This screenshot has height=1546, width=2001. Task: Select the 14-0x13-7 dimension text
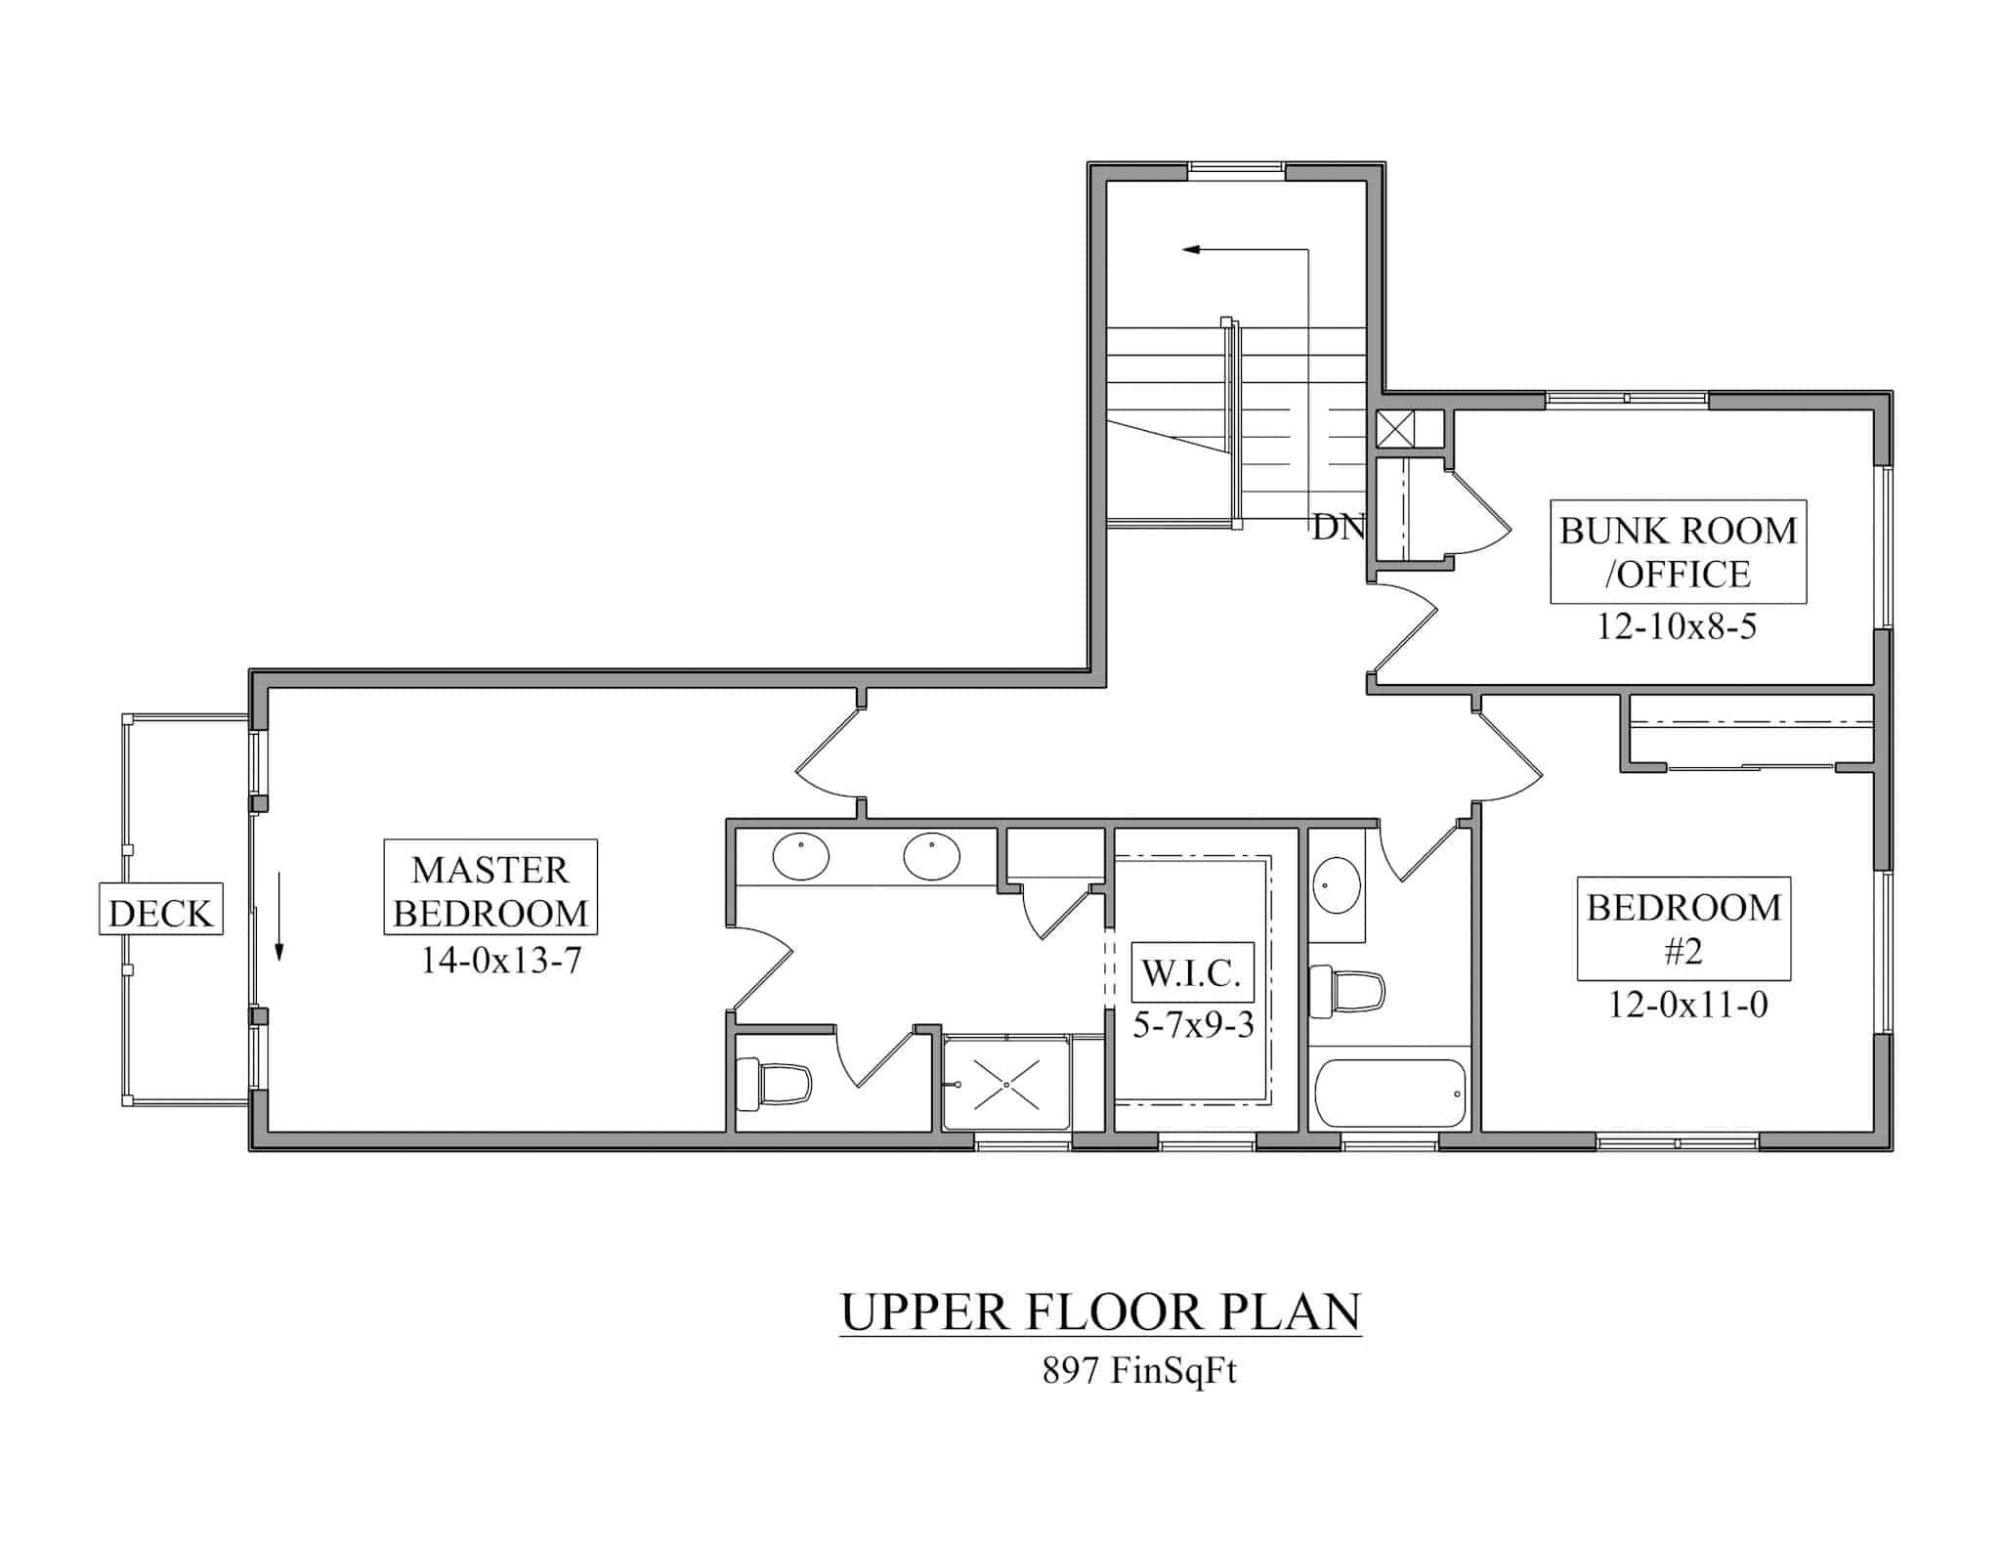500,961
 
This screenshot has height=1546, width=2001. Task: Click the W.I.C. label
1191,972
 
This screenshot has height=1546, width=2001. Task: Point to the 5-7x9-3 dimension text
1193,1023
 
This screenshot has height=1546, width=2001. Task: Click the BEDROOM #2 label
1682,927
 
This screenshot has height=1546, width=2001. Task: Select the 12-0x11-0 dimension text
1687,1005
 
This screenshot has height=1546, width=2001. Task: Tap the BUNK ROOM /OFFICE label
1678,551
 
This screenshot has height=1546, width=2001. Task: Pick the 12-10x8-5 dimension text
1676,625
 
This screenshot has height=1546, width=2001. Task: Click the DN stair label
1338,527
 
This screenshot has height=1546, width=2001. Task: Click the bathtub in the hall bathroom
1390,1094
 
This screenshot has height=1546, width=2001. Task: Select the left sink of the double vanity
801,857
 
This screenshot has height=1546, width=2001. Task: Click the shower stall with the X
1005,1085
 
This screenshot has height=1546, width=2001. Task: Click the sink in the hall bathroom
1335,885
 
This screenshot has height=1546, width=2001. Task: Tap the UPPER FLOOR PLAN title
1100,1311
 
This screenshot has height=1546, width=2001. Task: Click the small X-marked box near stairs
1394,429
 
